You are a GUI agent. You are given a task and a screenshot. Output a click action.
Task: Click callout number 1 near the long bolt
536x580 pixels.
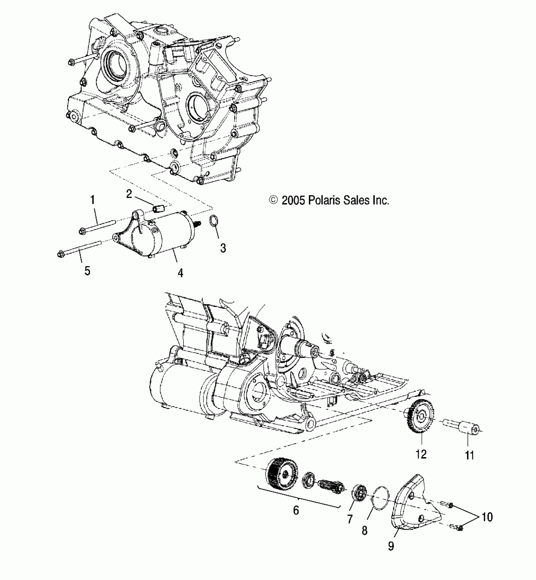point(92,199)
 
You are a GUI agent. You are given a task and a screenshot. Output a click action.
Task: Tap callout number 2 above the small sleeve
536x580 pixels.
point(129,194)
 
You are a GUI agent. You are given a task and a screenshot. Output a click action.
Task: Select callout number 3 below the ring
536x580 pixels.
point(223,248)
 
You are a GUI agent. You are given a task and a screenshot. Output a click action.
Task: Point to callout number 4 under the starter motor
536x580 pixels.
point(180,273)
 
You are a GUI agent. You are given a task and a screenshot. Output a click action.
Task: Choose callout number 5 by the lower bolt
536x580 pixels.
point(87,271)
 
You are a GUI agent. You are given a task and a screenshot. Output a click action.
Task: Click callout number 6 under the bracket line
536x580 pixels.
point(296,510)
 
